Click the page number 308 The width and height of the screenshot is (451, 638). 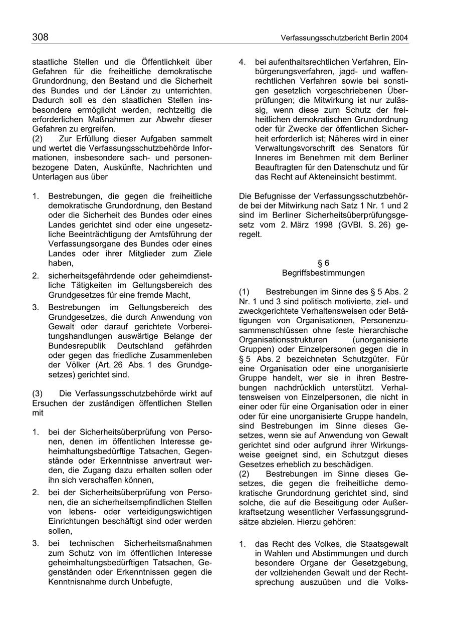point(40,37)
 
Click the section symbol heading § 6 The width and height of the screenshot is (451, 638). point(324,263)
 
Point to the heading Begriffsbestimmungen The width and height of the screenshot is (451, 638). point(324,273)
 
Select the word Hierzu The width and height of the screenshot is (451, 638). point(307,521)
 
